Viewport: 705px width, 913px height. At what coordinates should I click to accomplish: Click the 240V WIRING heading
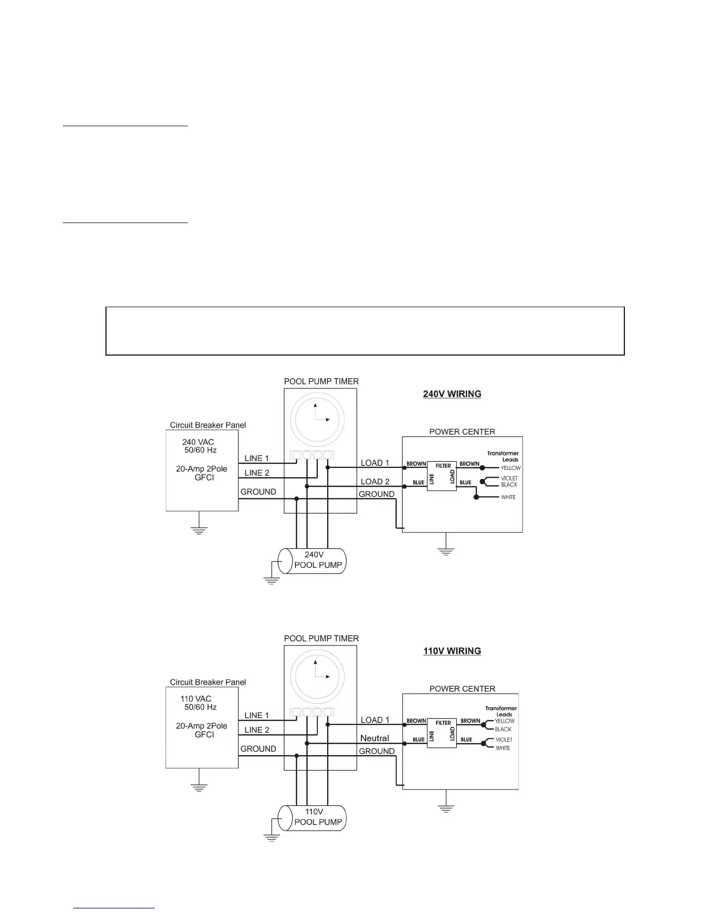click(452, 394)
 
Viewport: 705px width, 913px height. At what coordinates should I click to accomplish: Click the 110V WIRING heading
click(452, 651)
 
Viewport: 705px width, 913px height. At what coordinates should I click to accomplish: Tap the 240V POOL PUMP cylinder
click(313, 561)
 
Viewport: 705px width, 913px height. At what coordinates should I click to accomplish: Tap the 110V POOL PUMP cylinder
click(313, 818)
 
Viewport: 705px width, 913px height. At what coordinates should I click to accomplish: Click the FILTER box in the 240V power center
click(442, 476)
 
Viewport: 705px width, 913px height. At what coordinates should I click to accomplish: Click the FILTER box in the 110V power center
click(442, 733)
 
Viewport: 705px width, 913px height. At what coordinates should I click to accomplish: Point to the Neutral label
click(374, 738)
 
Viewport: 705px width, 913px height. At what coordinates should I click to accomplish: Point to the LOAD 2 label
click(375, 482)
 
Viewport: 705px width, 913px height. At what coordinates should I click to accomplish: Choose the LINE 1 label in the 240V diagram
click(257, 459)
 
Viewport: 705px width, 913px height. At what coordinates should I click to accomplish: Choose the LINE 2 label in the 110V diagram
click(257, 730)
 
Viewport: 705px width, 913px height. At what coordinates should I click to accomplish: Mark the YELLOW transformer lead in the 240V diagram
click(510, 468)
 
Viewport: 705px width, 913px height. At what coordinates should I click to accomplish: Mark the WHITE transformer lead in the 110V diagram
click(503, 748)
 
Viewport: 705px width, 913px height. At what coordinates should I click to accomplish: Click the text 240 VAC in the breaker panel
click(198, 442)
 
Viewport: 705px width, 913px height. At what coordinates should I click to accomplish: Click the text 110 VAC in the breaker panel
click(196, 699)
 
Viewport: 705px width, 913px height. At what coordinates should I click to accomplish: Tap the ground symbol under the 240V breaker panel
click(199, 530)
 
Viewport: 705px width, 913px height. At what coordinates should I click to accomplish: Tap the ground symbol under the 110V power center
click(445, 808)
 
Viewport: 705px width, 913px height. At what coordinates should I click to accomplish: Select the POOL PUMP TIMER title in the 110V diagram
click(321, 639)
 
